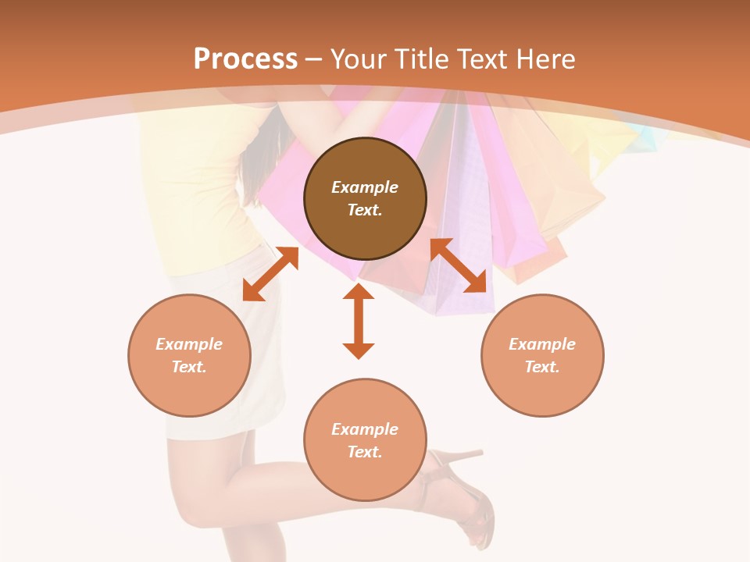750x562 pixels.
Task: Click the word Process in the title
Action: click(245, 59)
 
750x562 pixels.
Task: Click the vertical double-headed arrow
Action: click(359, 321)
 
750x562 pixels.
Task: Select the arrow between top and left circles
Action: click(270, 274)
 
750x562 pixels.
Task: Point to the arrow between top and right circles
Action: click(459, 265)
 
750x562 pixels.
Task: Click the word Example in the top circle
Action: click(365, 187)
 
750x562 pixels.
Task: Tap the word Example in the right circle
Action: click(542, 344)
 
